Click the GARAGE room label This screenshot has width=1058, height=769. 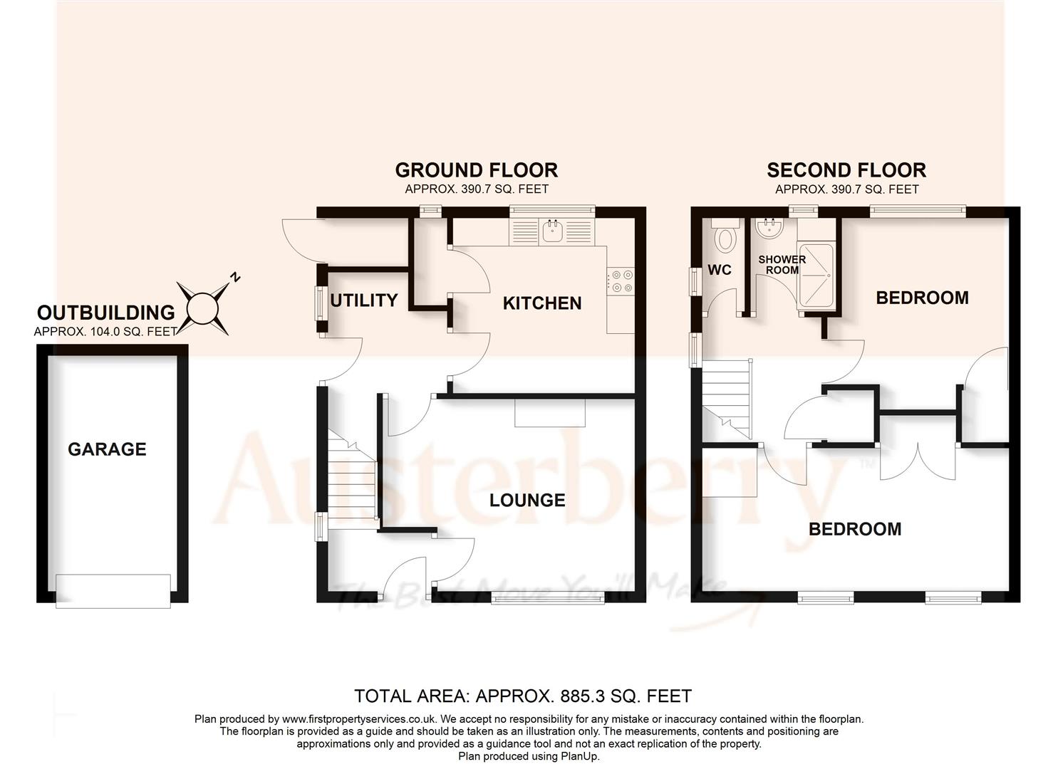click(x=107, y=449)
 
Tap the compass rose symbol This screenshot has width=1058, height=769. click(x=203, y=308)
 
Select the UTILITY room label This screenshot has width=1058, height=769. click(x=363, y=300)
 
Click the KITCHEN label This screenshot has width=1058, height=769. click(x=542, y=303)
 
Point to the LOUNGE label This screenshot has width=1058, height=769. click(x=527, y=501)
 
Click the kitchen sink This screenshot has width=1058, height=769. click(x=552, y=231)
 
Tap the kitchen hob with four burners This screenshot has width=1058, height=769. click(x=621, y=280)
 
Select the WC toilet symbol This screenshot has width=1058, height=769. click(x=725, y=236)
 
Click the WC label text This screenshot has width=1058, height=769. click(x=720, y=271)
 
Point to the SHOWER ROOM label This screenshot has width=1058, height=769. click(x=782, y=265)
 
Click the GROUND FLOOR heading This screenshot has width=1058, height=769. click(x=476, y=170)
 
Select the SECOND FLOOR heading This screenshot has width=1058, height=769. click(x=846, y=170)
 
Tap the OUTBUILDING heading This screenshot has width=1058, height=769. click(x=105, y=313)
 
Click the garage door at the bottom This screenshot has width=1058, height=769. click(x=113, y=590)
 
